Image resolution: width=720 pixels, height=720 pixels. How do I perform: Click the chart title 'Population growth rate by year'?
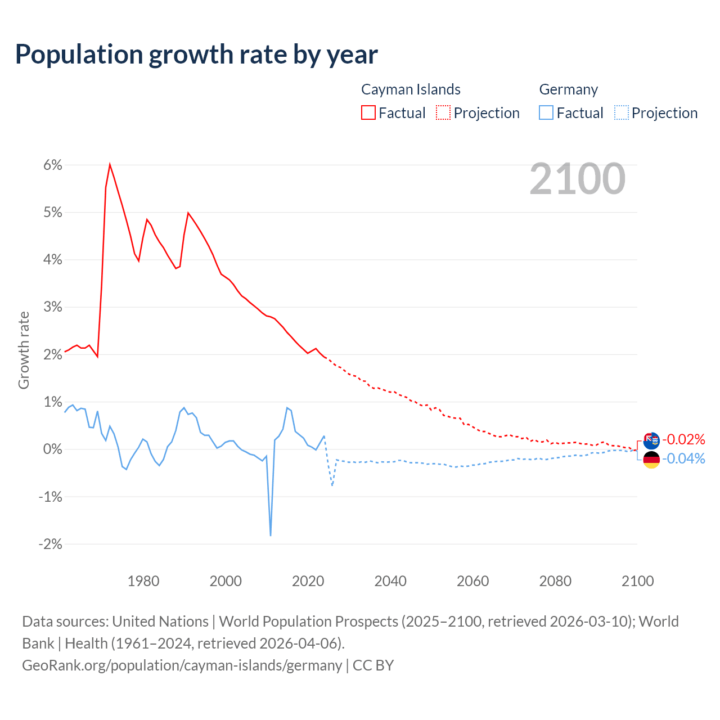(x=196, y=54)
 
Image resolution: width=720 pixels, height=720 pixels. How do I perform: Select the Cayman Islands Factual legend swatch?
(x=368, y=112)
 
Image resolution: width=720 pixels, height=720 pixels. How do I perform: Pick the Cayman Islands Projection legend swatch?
(x=443, y=112)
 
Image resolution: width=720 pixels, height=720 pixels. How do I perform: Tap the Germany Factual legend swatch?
(x=546, y=112)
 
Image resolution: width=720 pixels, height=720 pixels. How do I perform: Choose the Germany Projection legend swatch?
(x=621, y=112)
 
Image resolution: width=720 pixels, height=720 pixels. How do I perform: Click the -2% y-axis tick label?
(x=50, y=544)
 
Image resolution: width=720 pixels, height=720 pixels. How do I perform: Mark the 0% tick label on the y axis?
(x=52, y=449)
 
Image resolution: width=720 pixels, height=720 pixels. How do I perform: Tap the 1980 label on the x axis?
(x=143, y=581)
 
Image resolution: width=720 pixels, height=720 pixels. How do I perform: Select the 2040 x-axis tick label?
(x=390, y=581)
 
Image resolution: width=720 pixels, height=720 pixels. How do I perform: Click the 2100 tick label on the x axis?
(x=637, y=581)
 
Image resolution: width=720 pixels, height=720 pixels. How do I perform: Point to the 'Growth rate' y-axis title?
(x=24, y=350)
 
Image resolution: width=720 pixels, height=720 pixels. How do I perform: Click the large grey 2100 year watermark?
(x=577, y=179)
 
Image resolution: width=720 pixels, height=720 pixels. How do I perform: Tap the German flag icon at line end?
(x=651, y=460)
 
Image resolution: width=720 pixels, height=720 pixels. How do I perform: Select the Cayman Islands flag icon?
(x=651, y=440)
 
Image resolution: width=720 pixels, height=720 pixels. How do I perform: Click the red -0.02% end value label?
(x=683, y=439)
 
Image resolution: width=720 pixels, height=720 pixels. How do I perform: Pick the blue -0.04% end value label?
(x=683, y=459)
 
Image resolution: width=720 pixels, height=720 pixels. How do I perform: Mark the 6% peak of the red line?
(x=110, y=164)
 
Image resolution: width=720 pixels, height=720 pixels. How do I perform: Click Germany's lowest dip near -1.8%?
(x=271, y=535)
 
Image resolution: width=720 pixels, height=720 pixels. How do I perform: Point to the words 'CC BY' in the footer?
(x=373, y=665)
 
